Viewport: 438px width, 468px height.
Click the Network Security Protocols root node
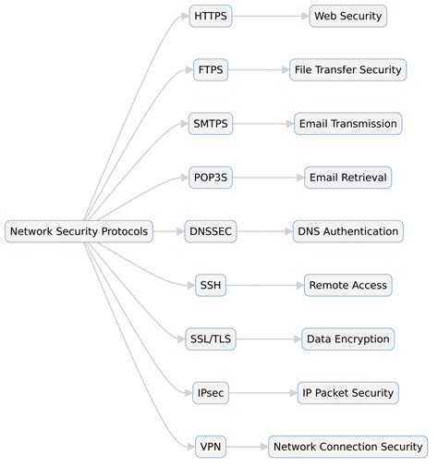[79, 231]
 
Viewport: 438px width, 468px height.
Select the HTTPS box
[210, 16]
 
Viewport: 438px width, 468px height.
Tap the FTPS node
[210, 69]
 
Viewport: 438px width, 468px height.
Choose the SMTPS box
[210, 123]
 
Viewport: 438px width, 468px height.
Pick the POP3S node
[210, 178]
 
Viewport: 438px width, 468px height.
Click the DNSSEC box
[210, 231]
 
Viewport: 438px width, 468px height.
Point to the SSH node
[210, 285]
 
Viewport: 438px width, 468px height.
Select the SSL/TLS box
[210, 339]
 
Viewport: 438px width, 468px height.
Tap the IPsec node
[210, 393]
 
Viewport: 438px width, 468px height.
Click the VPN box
[210, 447]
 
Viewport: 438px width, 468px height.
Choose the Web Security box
[347, 16]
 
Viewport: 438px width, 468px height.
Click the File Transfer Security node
[347, 69]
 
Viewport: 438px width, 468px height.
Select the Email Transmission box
[347, 123]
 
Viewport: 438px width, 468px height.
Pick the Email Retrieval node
[347, 178]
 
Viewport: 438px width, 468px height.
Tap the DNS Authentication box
[347, 231]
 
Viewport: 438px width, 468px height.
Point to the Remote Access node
[347, 285]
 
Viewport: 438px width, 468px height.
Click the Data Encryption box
[347, 339]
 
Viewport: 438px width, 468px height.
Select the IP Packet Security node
[347, 393]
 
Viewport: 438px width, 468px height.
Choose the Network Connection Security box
[347, 447]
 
